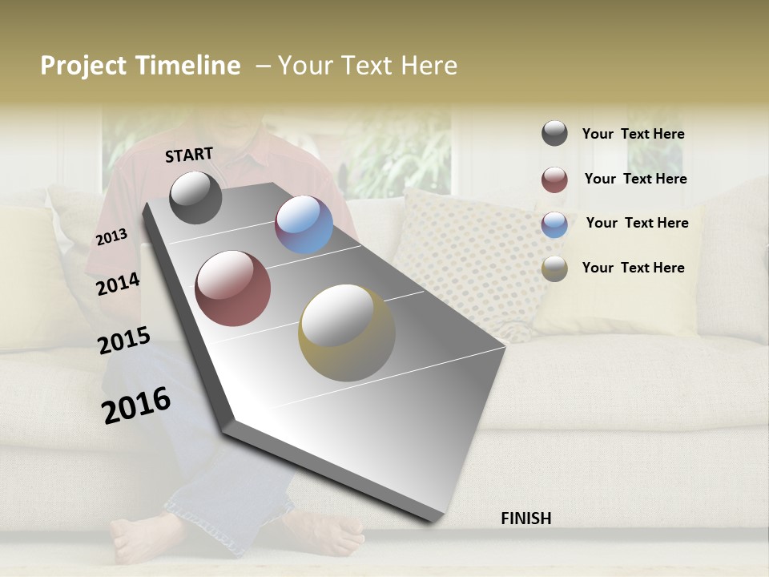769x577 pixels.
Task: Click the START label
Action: coord(189,155)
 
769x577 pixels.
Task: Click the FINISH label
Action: coord(526,518)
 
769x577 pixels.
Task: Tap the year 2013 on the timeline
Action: coord(112,237)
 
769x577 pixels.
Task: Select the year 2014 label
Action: coord(119,284)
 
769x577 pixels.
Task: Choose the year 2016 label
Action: coord(136,406)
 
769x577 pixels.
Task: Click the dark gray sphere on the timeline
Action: coord(196,197)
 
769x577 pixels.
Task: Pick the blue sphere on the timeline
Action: coord(304,224)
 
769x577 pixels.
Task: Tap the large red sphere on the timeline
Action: coord(233,288)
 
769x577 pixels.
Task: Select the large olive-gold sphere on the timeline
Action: coord(347,333)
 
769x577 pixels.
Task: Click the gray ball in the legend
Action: coord(554,134)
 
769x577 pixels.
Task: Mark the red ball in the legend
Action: coord(554,180)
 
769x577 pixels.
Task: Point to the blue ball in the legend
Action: coord(554,224)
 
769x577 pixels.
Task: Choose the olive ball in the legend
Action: coord(554,268)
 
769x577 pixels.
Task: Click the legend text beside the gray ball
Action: coord(634,135)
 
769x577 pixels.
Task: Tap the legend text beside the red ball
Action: coord(636,179)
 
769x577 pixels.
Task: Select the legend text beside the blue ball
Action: coord(638,223)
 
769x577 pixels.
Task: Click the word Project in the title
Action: coord(83,66)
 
